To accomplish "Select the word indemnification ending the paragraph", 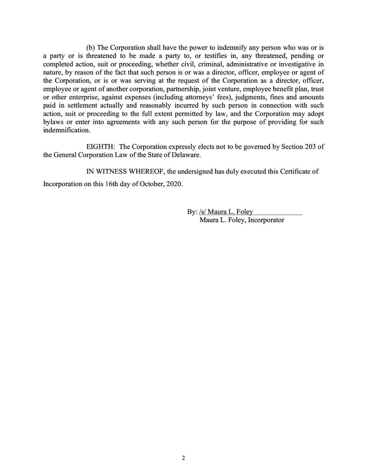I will pos(66,130).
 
